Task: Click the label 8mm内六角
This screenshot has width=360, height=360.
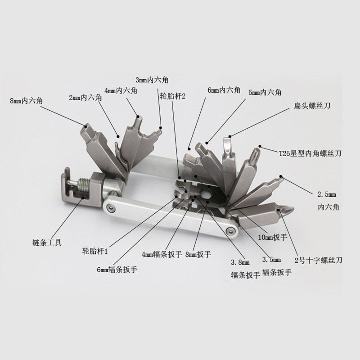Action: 26,101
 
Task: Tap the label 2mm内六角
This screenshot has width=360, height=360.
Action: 85,98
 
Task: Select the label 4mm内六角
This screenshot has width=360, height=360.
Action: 121,90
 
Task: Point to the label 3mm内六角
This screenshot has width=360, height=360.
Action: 152,80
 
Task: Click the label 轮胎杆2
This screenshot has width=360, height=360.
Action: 173,96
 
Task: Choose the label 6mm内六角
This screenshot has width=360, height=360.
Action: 224,90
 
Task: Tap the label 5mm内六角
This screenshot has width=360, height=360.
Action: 265,92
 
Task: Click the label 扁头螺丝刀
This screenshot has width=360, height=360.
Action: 312,106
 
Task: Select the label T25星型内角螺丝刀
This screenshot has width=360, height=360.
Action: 310,153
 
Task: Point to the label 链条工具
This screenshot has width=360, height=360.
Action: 47,243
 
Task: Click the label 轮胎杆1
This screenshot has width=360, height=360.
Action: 95,251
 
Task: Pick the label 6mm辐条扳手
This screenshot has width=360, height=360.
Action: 117,269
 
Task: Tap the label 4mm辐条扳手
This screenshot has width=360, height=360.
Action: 162,254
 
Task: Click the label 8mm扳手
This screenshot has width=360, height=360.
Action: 198,254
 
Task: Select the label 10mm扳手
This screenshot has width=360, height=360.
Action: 273,237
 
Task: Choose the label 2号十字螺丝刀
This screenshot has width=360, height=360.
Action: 319,260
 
